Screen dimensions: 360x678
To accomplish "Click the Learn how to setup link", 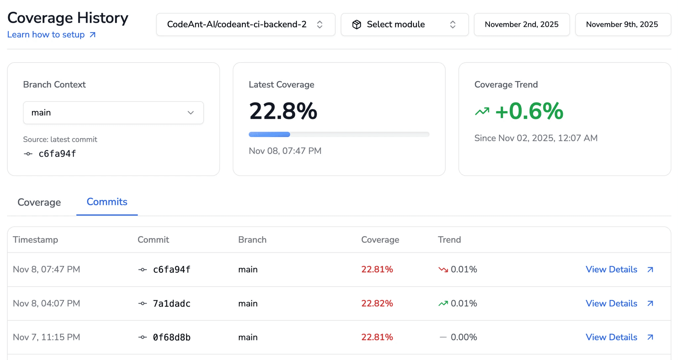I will pyautogui.click(x=51, y=35).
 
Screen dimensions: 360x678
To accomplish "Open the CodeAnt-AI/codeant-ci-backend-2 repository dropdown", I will pyautogui.click(x=245, y=24).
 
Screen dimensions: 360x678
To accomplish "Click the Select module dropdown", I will pyautogui.click(x=404, y=24).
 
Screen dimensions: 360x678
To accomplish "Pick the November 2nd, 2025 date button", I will pyautogui.click(x=521, y=24).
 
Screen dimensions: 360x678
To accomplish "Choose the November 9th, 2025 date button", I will pyautogui.click(x=622, y=24).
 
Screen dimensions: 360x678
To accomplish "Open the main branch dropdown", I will pyautogui.click(x=113, y=113).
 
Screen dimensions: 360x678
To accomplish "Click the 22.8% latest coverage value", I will pyautogui.click(x=283, y=111).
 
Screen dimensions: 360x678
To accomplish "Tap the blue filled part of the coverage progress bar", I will pyautogui.click(x=269, y=134).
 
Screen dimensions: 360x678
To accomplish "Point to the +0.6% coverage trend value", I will pyautogui.click(x=529, y=111).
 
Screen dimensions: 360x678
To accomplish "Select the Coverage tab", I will pyautogui.click(x=39, y=202).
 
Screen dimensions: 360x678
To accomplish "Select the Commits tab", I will pyautogui.click(x=107, y=202).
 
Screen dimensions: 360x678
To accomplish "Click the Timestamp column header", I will pyautogui.click(x=35, y=240).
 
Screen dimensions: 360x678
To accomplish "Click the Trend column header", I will pyautogui.click(x=449, y=240).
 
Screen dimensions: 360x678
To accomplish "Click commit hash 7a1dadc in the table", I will pyautogui.click(x=171, y=303).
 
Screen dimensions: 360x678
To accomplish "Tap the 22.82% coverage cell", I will pyautogui.click(x=377, y=303).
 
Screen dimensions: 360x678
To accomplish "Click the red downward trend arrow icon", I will pyautogui.click(x=443, y=270).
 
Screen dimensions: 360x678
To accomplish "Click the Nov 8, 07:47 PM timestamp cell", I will pyautogui.click(x=46, y=269).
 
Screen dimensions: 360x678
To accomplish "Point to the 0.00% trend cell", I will pyautogui.click(x=463, y=337).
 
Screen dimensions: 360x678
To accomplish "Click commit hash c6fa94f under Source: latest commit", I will pyautogui.click(x=57, y=154).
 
